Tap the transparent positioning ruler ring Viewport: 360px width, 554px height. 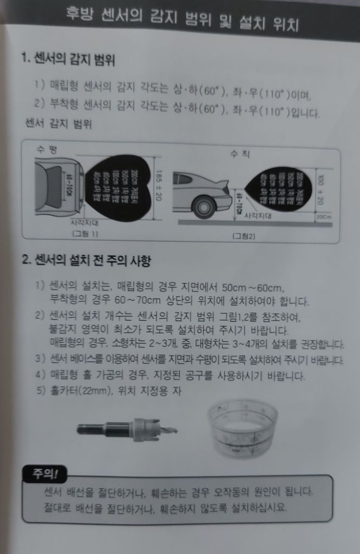[x=242, y=427]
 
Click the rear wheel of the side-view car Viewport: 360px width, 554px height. [x=204, y=207]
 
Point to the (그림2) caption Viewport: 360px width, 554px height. [x=243, y=236]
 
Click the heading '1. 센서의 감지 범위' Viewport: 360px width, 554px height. [x=68, y=58]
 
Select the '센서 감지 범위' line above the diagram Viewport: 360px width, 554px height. [x=58, y=124]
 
